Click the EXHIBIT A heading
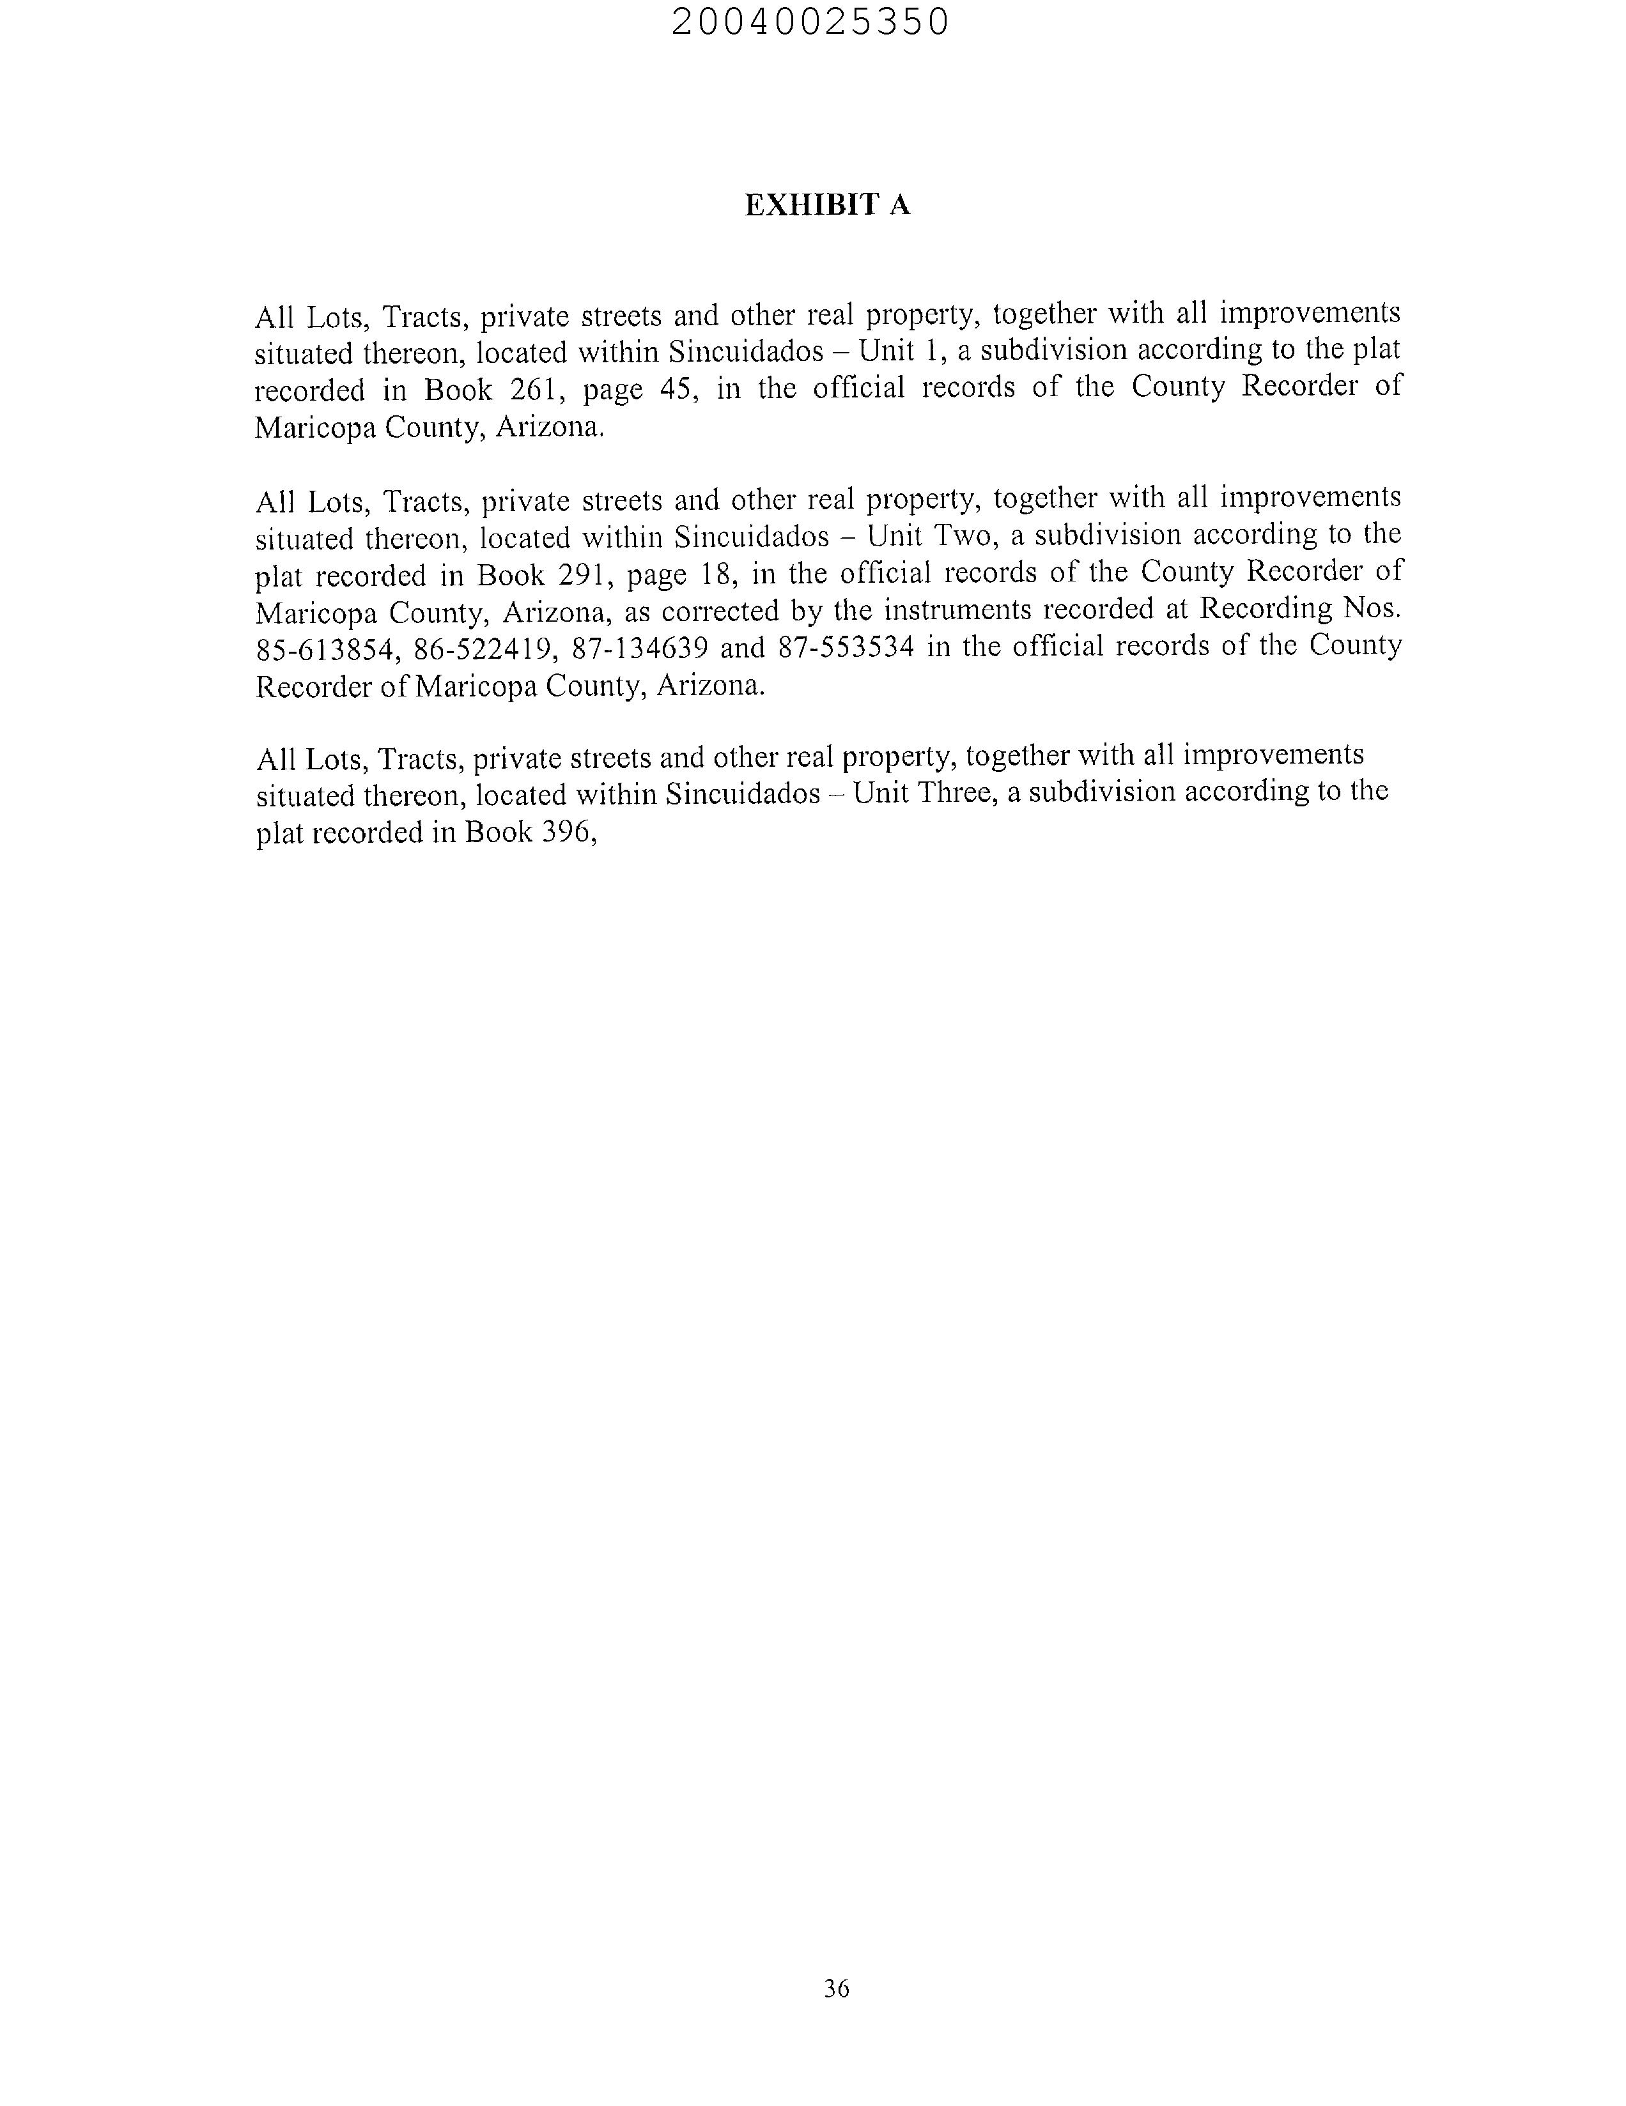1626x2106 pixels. [826, 204]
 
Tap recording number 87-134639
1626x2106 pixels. [639, 648]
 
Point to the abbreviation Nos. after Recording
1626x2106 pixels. [1372, 608]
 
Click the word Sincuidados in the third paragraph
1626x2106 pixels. [743, 795]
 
